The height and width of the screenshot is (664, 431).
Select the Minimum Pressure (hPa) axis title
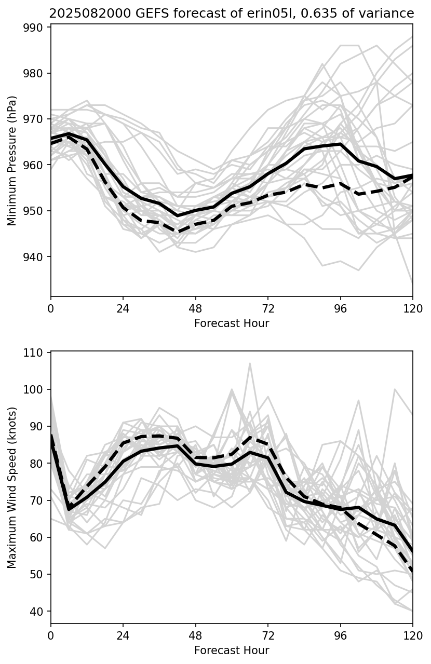pyautogui.click(x=12, y=160)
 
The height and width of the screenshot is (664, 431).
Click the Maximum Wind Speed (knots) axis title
pyautogui.click(x=12, y=487)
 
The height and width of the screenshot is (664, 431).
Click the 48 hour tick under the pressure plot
pyautogui.click(x=195, y=308)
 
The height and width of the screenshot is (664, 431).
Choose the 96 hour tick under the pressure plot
pyautogui.click(x=340, y=308)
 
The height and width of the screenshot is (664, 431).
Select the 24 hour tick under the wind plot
pyautogui.click(x=123, y=635)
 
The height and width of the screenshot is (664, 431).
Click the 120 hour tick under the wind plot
pyautogui.click(x=413, y=635)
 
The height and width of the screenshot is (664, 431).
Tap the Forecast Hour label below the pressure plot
pyautogui.click(x=232, y=323)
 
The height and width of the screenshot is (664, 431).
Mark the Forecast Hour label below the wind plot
pyautogui.click(x=232, y=651)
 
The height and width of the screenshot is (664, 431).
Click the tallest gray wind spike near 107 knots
pyautogui.click(x=250, y=363)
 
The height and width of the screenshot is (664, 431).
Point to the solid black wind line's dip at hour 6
pyautogui.click(x=69, y=509)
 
